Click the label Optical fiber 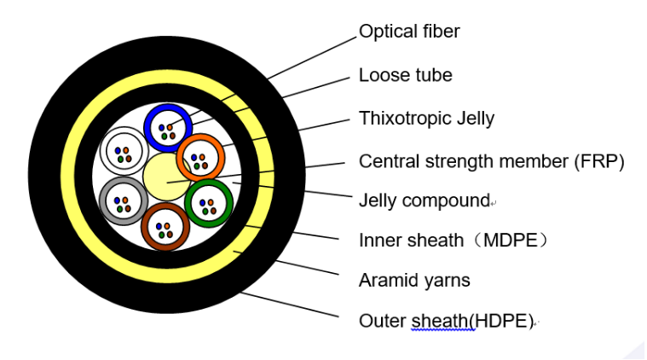(409, 32)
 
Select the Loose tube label (405, 75)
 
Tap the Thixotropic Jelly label (426, 118)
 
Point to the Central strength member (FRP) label (492, 161)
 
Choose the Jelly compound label (424, 201)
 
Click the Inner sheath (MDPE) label (453, 241)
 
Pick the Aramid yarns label (414, 280)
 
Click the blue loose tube (168, 129)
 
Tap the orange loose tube (200, 158)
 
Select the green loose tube (208, 204)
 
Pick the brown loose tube (165, 226)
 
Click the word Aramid (387, 280)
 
